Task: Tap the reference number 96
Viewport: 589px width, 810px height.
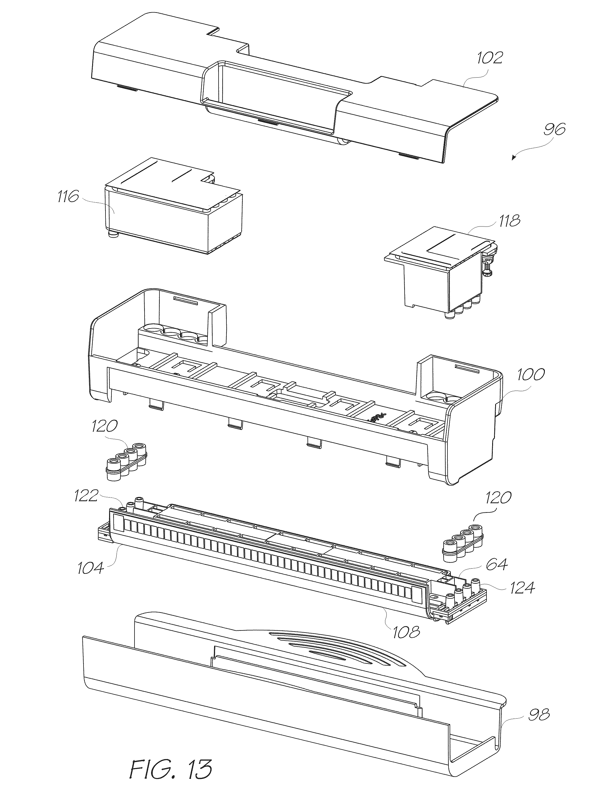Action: point(554,129)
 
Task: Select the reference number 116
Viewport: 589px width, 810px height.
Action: point(68,196)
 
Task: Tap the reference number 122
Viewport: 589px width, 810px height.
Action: point(86,496)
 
